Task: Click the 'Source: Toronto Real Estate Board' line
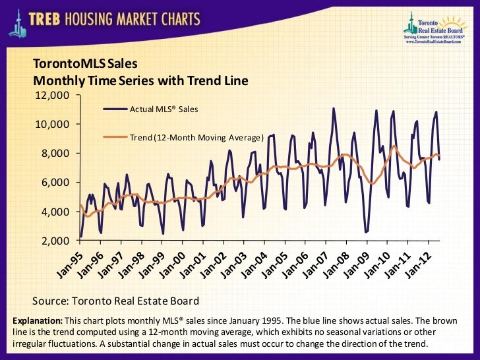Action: [115, 301]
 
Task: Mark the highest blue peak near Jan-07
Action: [334, 108]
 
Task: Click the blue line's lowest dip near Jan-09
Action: [366, 232]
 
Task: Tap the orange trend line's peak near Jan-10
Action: [394, 146]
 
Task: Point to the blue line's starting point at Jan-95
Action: [80, 237]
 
